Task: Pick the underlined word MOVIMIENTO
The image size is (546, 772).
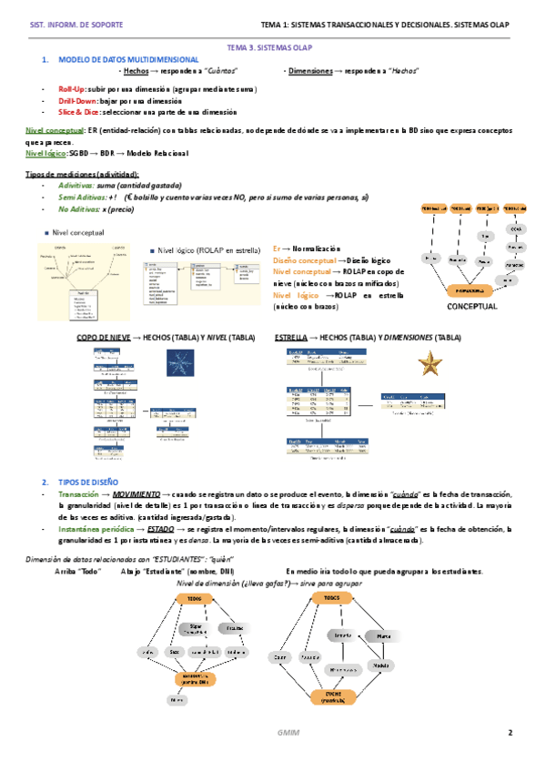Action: tap(136, 468)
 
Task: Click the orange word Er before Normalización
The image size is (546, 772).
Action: tap(277, 249)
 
